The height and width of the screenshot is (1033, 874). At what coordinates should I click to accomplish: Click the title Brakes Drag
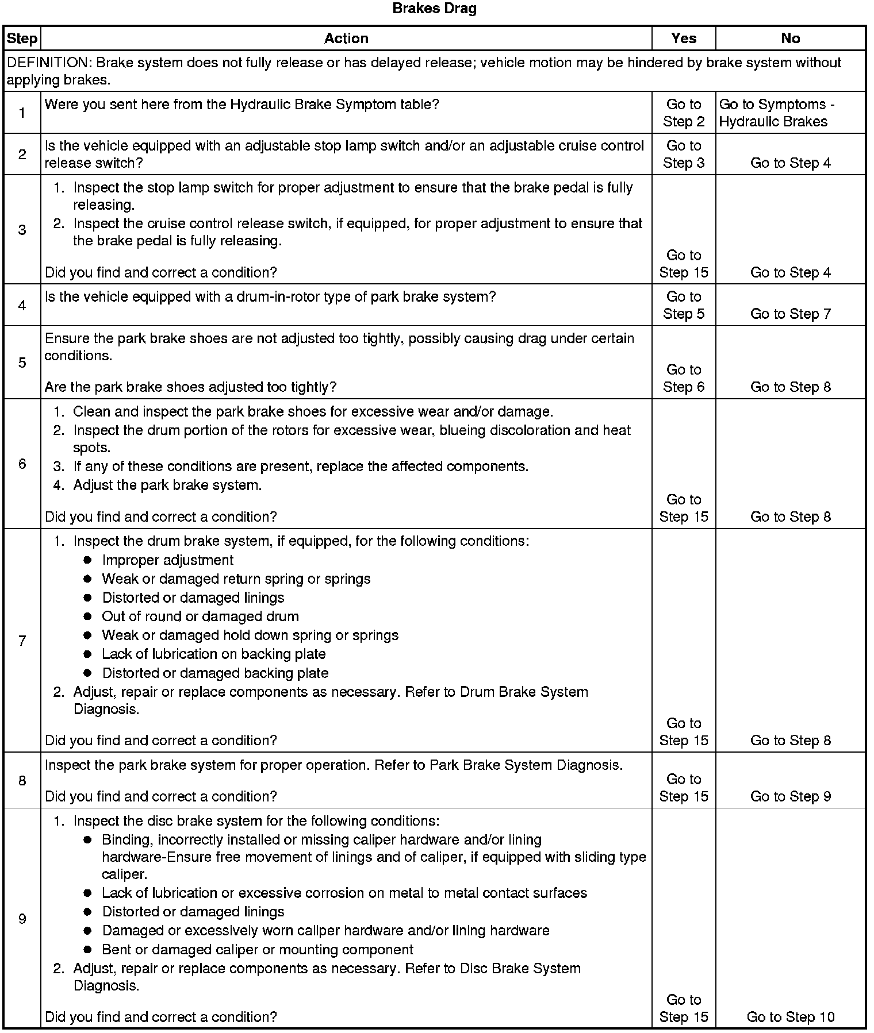pyautogui.click(x=434, y=9)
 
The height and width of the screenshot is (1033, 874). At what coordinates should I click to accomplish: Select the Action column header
pyautogui.click(x=346, y=38)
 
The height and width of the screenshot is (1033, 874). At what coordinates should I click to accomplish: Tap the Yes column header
pyautogui.click(x=684, y=38)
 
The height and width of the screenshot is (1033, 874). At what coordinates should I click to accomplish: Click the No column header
pyautogui.click(x=791, y=38)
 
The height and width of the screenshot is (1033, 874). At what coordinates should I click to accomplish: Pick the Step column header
pyautogui.click(x=22, y=38)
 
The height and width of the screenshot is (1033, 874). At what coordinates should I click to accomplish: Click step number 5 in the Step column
pyautogui.click(x=22, y=363)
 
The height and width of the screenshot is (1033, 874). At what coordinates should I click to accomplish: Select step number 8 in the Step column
pyautogui.click(x=22, y=780)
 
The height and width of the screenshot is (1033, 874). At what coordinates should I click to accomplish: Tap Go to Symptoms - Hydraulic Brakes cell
pyautogui.click(x=777, y=113)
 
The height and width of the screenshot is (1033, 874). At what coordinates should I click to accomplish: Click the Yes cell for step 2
pyautogui.click(x=684, y=155)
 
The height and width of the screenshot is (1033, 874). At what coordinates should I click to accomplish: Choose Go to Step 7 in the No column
pyautogui.click(x=791, y=314)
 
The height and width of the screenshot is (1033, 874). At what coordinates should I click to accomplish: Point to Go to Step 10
pyautogui.click(x=791, y=1017)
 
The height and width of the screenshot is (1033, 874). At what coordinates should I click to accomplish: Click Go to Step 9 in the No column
pyautogui.click(x=791, y=796)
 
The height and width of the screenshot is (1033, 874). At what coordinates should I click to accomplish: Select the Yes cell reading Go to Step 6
pyautogui.click(x=684, y=378)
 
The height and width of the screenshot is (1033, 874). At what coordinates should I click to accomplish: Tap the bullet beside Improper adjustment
pyautogui.click(x=87, y=560)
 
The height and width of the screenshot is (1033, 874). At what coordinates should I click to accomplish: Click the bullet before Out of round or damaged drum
pyautogui.click(x=87, y=616)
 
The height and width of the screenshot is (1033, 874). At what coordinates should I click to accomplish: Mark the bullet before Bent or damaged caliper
pyautogui.click(x=87, y=950)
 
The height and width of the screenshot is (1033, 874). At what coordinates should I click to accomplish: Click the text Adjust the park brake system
pyautogui.click(x=167, y=485)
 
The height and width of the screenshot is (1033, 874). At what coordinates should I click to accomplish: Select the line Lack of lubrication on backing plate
pyautogui.click(x=214, y=654)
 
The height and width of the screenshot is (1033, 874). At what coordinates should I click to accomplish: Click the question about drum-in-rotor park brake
pyautogui.click(x=270, y=297)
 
